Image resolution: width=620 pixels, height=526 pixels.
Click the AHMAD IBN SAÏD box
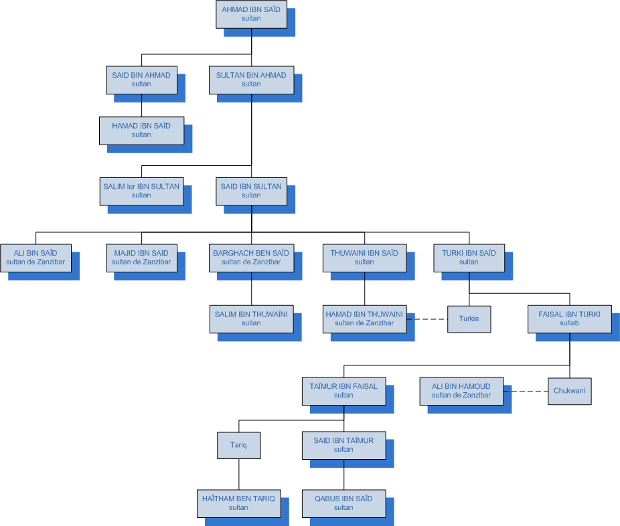point(251,14)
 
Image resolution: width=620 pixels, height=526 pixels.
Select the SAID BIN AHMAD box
point(141,80)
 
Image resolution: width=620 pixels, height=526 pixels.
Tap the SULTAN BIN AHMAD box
point(251,80)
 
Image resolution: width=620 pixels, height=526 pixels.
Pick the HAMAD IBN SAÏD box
point(141,130)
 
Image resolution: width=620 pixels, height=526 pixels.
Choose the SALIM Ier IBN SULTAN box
point(141,191)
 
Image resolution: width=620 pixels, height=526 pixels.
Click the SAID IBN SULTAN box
point(251,191)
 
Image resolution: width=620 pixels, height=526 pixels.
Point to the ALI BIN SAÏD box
point(35,257)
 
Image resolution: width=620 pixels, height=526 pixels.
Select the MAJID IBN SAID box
point(141,257)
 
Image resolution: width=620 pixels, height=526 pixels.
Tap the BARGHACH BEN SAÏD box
point(251,257)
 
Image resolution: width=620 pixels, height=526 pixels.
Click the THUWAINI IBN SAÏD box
point(364,257)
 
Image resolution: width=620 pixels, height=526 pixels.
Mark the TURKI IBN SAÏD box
point(469,257)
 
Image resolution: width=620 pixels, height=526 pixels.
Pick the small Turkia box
point(469,319)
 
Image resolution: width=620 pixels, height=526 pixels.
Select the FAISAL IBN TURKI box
point(569,319)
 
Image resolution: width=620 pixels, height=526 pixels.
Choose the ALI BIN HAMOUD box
point(461,391)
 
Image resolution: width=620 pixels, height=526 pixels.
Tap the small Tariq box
point(238,445)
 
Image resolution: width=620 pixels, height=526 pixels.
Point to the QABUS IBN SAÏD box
point(343,503)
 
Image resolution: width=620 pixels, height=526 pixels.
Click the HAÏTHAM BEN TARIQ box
point(238,503)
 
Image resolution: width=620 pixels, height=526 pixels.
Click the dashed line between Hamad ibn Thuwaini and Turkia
point(427,319)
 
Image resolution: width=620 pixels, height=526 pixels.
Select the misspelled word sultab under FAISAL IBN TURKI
point(569,323)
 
